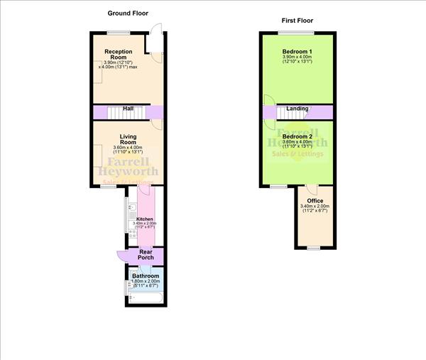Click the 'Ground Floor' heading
(128, 13)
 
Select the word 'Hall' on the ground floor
(129, 109)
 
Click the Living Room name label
(128, 138)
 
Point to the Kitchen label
(145, 219)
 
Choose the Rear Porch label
(146, 253)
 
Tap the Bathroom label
(146, 276)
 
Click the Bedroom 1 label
(296, 53)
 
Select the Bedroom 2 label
(296, 136)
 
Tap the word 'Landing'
(297, 109)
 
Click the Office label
(315, 201)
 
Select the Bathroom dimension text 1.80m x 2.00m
(146, 283)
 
